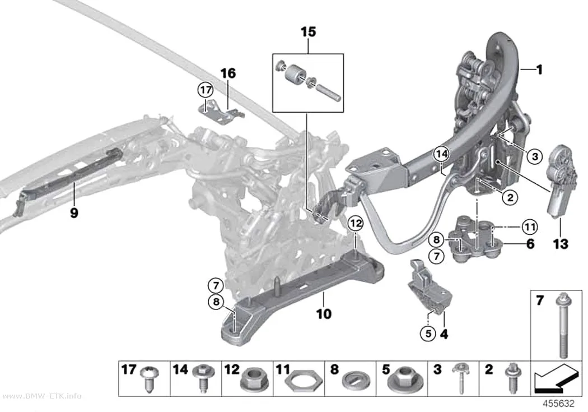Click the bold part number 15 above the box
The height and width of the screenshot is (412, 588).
308,32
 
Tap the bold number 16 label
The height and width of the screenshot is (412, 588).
228,73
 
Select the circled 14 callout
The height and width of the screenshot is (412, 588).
442,154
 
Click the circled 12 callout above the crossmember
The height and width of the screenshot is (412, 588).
356,224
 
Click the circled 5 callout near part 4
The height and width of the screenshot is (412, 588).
428,333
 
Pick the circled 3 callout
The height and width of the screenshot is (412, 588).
535,156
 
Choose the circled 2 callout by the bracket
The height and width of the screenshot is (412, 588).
510,197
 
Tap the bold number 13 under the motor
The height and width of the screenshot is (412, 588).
561,244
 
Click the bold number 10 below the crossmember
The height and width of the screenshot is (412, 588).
324,313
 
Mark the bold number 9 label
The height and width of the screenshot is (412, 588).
74,213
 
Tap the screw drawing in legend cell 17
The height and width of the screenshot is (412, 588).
150,379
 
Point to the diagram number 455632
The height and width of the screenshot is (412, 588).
559,404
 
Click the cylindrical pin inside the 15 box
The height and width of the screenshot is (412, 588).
329,92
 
